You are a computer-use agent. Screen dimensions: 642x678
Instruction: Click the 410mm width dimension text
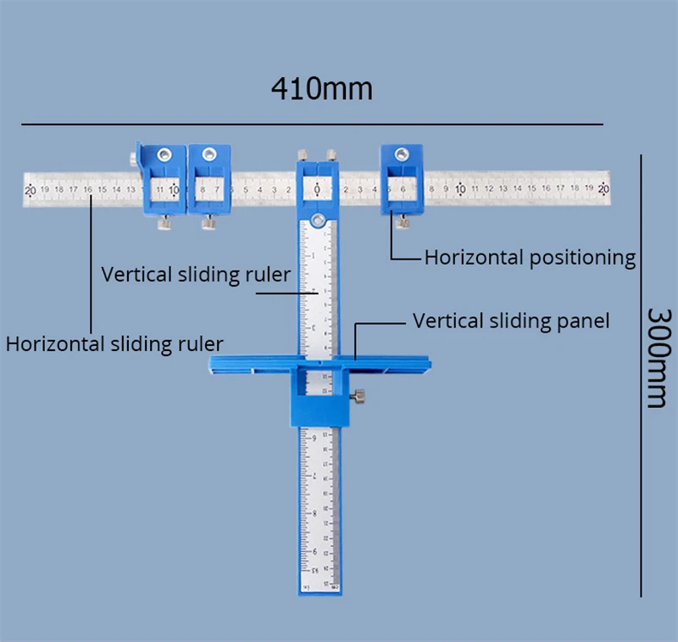click(321, 87)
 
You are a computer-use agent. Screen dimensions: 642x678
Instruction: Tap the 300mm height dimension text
click(657, 356)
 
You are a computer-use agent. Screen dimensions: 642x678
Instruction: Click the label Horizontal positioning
click(530, 258)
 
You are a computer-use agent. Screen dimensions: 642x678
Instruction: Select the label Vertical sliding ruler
click(196, 275)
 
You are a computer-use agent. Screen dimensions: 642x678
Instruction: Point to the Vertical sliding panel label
click(511, 321)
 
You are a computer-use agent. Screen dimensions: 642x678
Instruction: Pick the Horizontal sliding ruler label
click(114, 343)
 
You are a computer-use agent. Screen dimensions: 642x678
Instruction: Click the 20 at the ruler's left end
click(31, 190)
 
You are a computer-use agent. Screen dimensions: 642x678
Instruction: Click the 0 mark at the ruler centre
click(317, 189)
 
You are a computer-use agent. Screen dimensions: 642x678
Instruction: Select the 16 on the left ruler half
click(87, 190)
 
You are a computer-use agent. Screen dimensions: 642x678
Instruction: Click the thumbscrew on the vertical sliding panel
click(361, 396)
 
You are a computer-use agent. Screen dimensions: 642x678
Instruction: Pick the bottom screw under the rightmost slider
click(403, 222)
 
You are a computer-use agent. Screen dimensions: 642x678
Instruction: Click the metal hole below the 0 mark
click(317, 221)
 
